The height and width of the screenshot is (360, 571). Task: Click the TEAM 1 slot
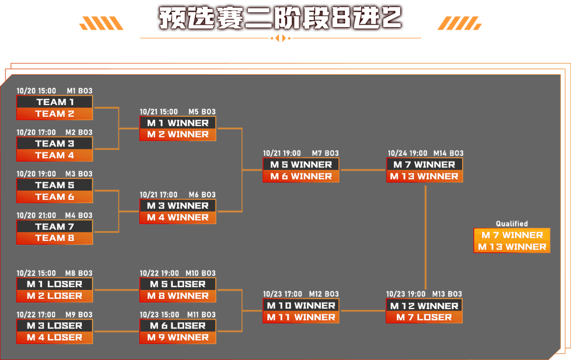click(x=55, y=102)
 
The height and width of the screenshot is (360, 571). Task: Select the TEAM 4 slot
click(x=55, y=155)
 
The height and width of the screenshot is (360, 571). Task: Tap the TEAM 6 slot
click(x=55, y=197)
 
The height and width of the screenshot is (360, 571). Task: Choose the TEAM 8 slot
click(x=55, y=238)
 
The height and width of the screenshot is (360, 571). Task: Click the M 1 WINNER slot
click(x=177, y=123)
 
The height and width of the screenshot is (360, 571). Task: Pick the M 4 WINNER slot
click(x=177, y=218)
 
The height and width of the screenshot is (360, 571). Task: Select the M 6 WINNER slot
click(x=301, y=176)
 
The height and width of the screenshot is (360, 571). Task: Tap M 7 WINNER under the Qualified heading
click(x=512, y=235)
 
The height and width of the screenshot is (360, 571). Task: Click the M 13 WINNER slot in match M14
click(x=424, y=176)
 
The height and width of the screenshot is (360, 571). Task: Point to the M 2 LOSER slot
click(x=55, y=296)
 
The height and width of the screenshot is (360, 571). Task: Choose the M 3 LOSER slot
click(x=55, y=326)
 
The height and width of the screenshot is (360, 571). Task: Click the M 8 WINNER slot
click(x=177, y=296)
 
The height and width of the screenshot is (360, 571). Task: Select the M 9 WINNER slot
click(x=177, y=338)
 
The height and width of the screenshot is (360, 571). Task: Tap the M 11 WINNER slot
click(x=301, y=317)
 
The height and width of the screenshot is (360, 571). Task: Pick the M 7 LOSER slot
click(x=424, y=317)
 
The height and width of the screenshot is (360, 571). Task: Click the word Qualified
click(x=512, y=224)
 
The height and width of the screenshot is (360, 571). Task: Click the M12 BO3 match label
click(x=324, y=294)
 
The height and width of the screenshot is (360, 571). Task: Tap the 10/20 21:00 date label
click(x=36, y=215)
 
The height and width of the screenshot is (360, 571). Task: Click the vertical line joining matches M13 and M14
click(x=425, y=238)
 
